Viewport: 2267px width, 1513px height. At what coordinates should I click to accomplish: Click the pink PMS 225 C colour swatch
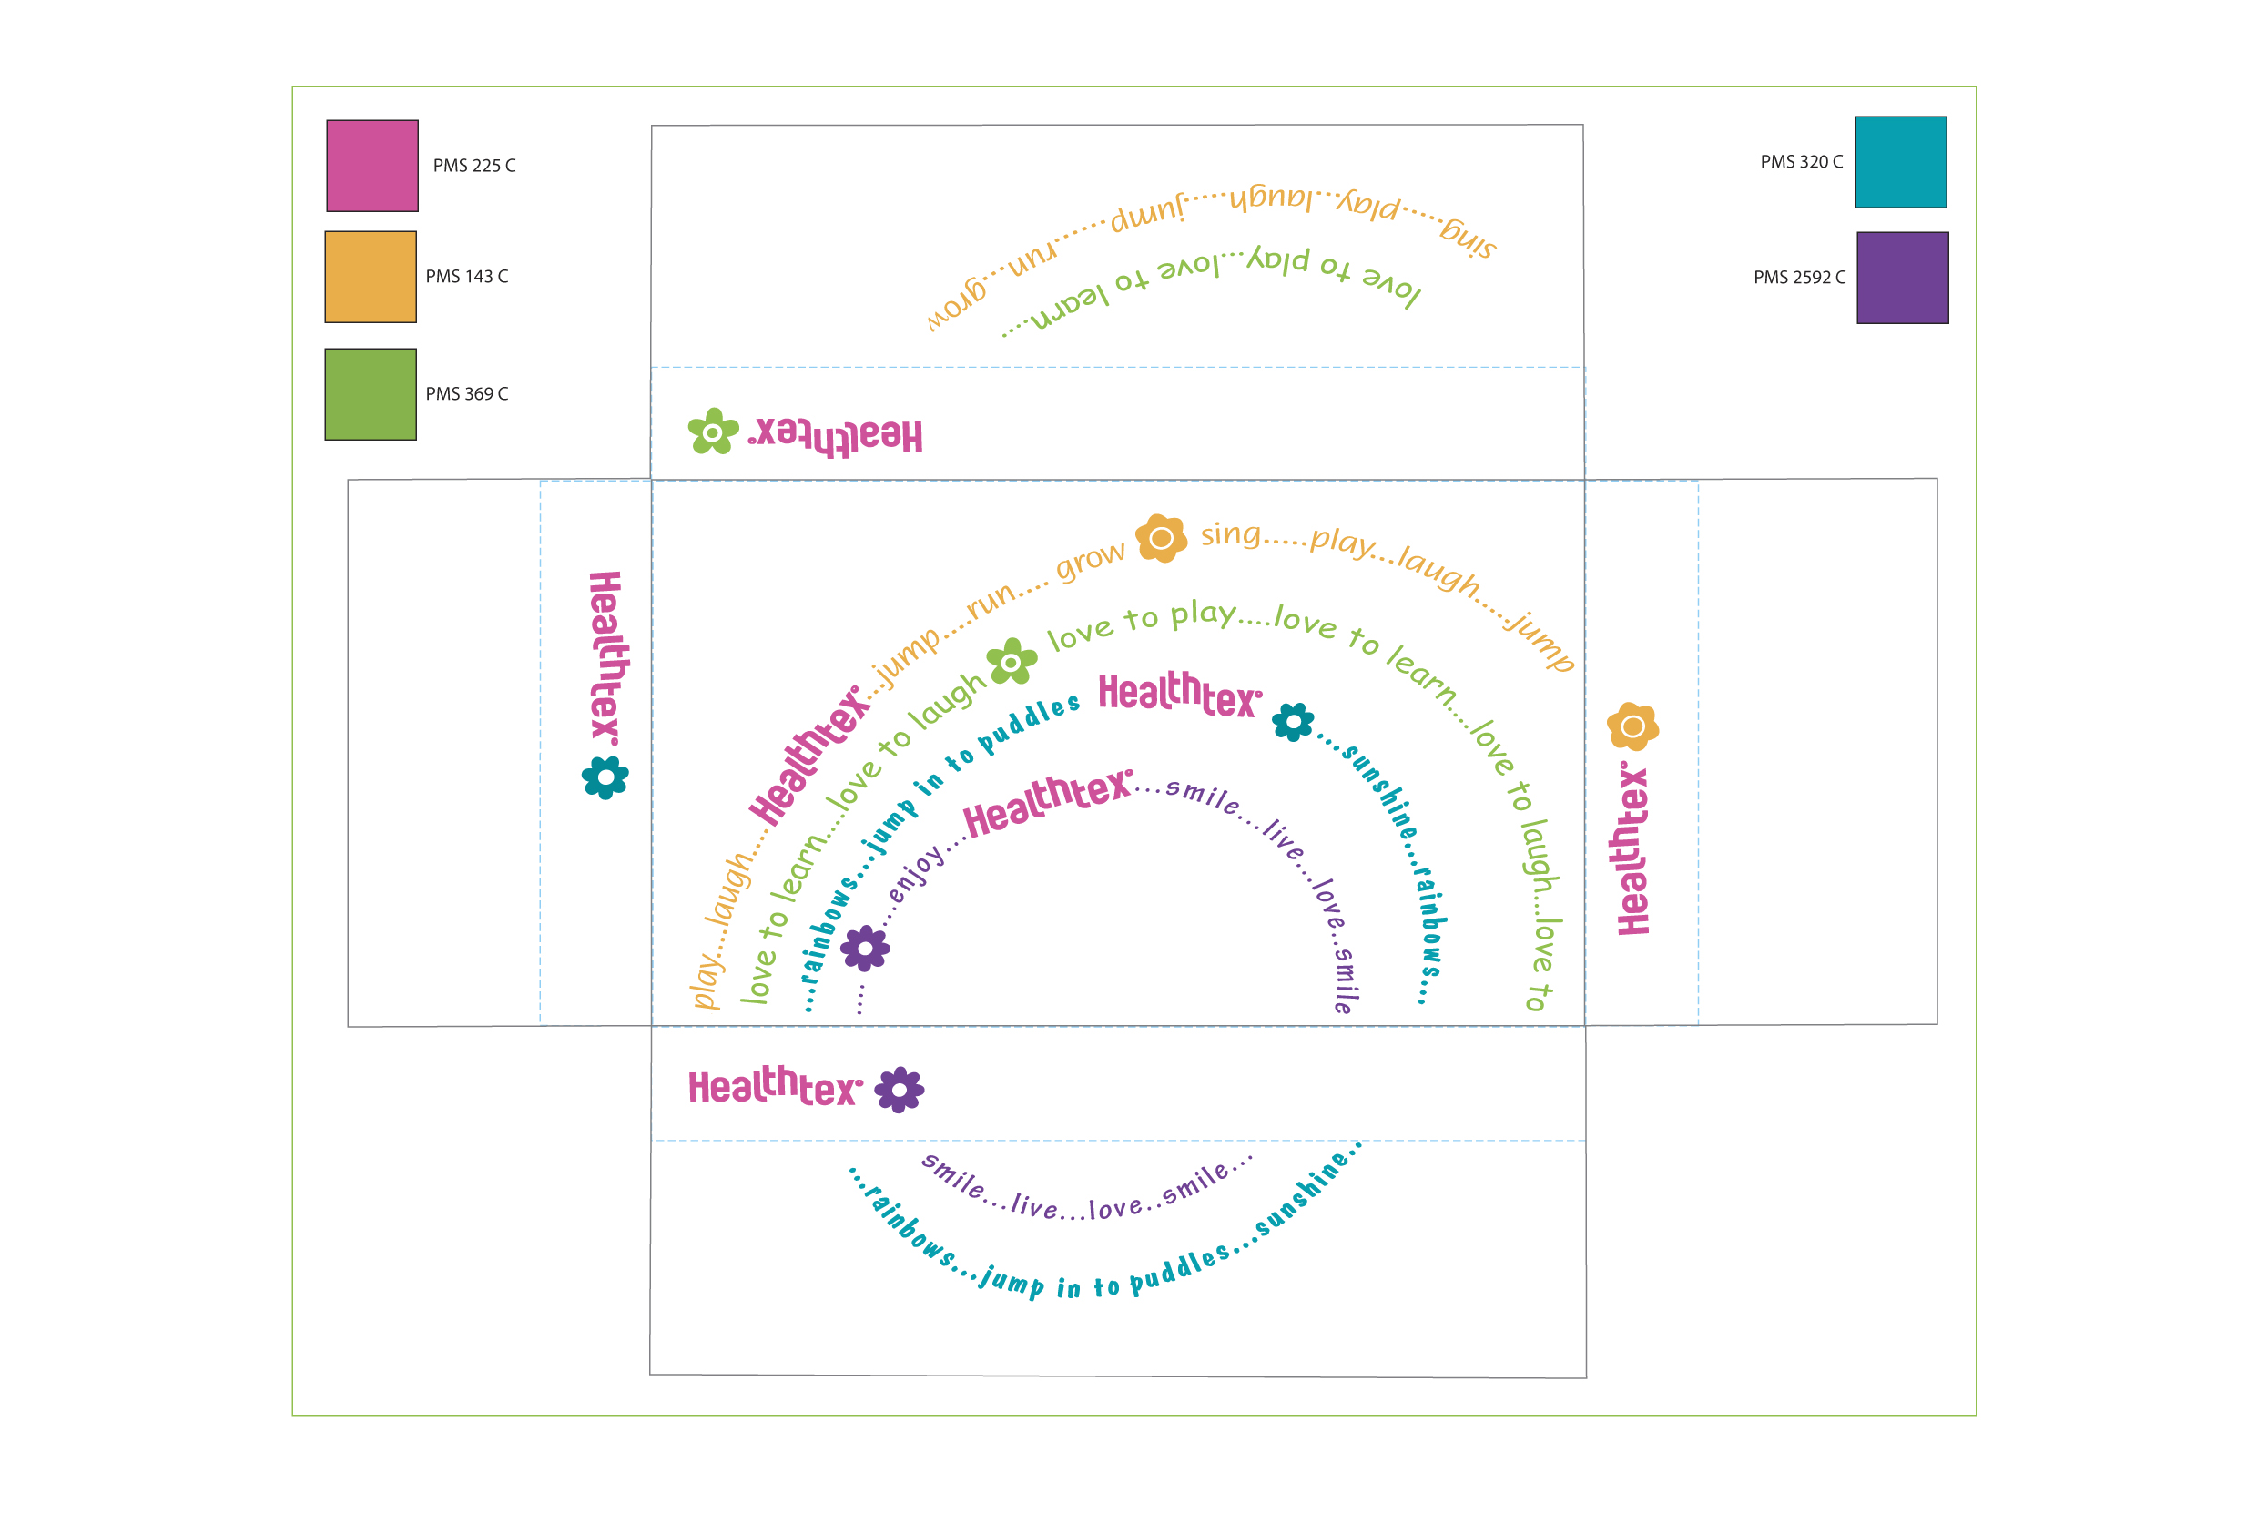tap(371, 166)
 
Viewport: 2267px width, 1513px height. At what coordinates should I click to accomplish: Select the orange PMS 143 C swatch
tap(371, 277)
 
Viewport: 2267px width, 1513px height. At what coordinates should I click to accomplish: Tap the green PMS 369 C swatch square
tap(371, 395)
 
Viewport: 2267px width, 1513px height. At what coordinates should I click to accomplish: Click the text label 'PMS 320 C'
tap(1800, 162)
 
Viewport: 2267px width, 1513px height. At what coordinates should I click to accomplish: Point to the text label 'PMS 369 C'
tap(466, 393)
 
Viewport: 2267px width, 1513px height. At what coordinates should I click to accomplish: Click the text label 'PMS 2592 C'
tap(1798, 278)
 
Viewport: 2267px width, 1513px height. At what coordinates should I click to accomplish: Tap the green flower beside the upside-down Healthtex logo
tap(712, 432)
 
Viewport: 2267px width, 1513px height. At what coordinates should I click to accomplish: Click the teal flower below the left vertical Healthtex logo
tap(605, 777)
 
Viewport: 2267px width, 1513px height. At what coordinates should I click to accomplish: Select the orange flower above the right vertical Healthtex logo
tap(1632, 726)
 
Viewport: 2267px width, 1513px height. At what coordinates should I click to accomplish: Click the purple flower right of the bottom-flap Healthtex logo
tap(899, 1090)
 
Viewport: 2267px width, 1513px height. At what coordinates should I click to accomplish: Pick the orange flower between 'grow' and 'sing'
tap(1161, 537)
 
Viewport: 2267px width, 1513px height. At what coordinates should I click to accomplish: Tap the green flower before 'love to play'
tap(1011, 662)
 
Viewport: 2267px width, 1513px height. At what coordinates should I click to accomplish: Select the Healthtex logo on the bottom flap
tap(774, 1088)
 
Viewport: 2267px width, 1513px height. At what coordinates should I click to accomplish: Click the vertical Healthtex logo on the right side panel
tap(1632, 849)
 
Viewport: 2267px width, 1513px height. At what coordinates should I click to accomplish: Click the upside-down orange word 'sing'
tap(1468, 238)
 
